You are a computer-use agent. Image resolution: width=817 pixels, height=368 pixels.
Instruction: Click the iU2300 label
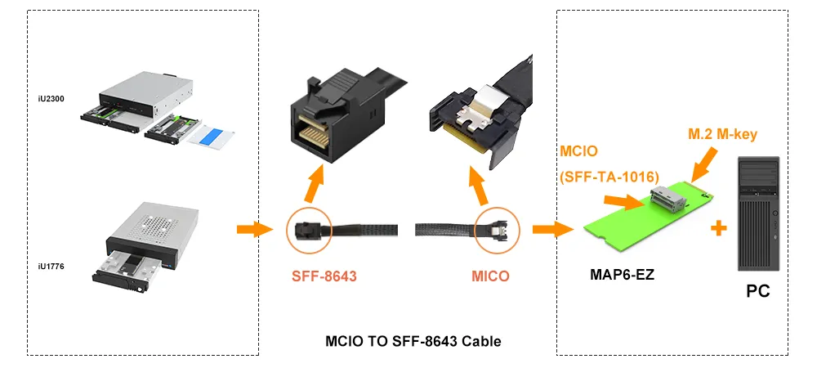[x=51, y=99]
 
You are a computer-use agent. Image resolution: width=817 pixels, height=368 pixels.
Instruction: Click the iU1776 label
[x=51, y=266]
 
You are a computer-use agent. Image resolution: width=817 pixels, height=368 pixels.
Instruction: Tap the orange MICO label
[x=490, y=276]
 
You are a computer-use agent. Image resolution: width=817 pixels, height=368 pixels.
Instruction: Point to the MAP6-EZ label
[x=622, y=274]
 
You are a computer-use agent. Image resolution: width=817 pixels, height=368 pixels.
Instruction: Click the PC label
[x=758, y=290]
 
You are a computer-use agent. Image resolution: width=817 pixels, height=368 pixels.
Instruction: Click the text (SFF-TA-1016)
[x=609, y=175]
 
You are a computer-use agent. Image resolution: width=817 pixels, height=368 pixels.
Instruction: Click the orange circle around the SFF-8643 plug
[x=309, y=230]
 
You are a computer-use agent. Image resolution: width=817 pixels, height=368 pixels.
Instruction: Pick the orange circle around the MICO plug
[x=497, y=230]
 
